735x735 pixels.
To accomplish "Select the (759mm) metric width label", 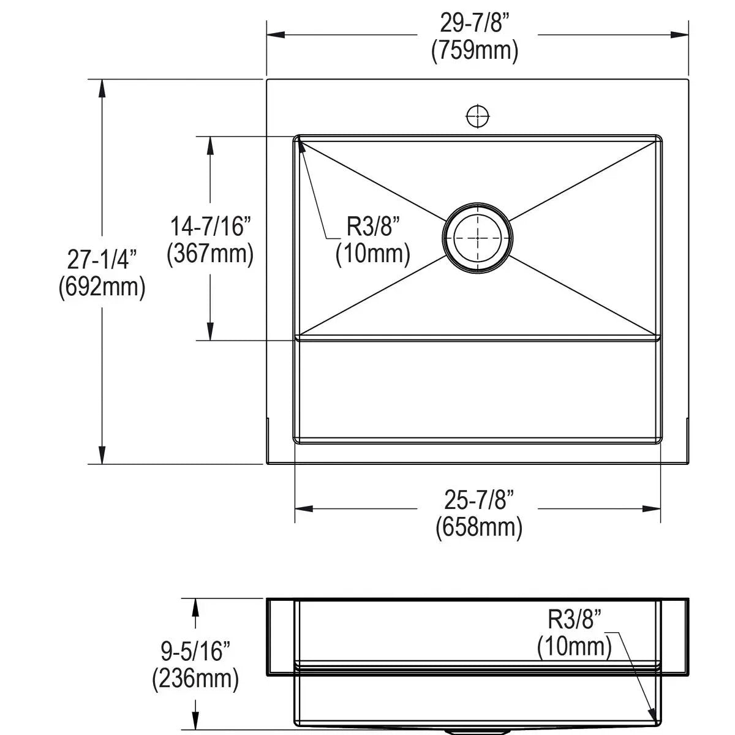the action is coord(475,51).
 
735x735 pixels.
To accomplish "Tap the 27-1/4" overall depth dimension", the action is coord(102,259).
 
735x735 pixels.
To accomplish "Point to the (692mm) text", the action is coord(102,288).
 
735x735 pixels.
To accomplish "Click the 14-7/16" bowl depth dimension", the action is coord(210,226).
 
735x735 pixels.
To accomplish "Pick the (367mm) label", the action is coord(210,254).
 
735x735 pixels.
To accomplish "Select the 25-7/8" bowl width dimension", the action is coord(479,500).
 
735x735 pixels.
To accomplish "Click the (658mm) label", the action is coord(479,527).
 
